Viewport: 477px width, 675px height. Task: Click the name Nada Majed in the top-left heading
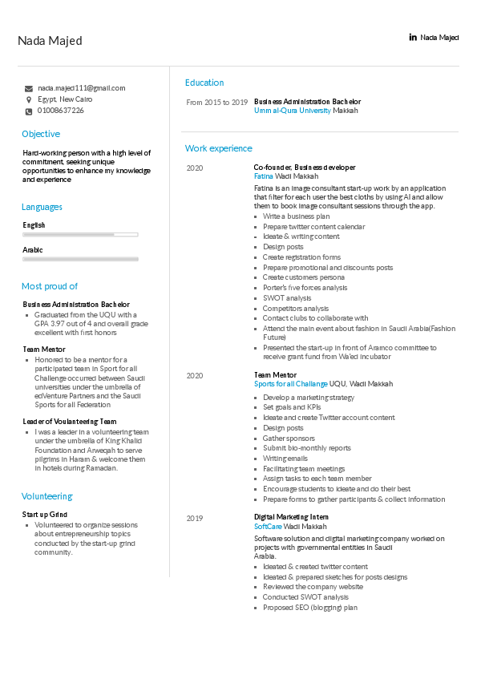point(50,41)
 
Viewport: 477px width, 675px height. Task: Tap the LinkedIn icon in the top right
point(413,38)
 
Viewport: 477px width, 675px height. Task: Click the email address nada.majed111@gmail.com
point(81,88)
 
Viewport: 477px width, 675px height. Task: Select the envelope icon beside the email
point(29,88)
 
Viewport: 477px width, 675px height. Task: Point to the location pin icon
point(29,99)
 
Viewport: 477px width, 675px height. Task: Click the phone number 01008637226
point(61,111)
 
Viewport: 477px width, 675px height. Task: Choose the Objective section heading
point(41,134)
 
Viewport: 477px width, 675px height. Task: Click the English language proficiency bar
point(80,235)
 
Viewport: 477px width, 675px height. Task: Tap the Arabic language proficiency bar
point(80,260)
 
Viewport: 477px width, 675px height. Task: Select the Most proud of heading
point(50,286)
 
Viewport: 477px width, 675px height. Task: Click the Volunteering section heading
point(47,496)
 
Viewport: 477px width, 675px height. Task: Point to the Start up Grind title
point(45,515)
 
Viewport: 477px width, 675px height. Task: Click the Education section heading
point(204,83)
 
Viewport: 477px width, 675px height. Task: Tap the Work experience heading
point(218,148)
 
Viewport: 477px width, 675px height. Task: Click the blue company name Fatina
point(263,176)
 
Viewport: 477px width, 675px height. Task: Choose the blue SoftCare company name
point(267,527)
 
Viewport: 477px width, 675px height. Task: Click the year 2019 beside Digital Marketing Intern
point(195,518)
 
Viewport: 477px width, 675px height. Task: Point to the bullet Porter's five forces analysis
point(305,288)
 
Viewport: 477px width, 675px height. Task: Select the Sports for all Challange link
point(291,385)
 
